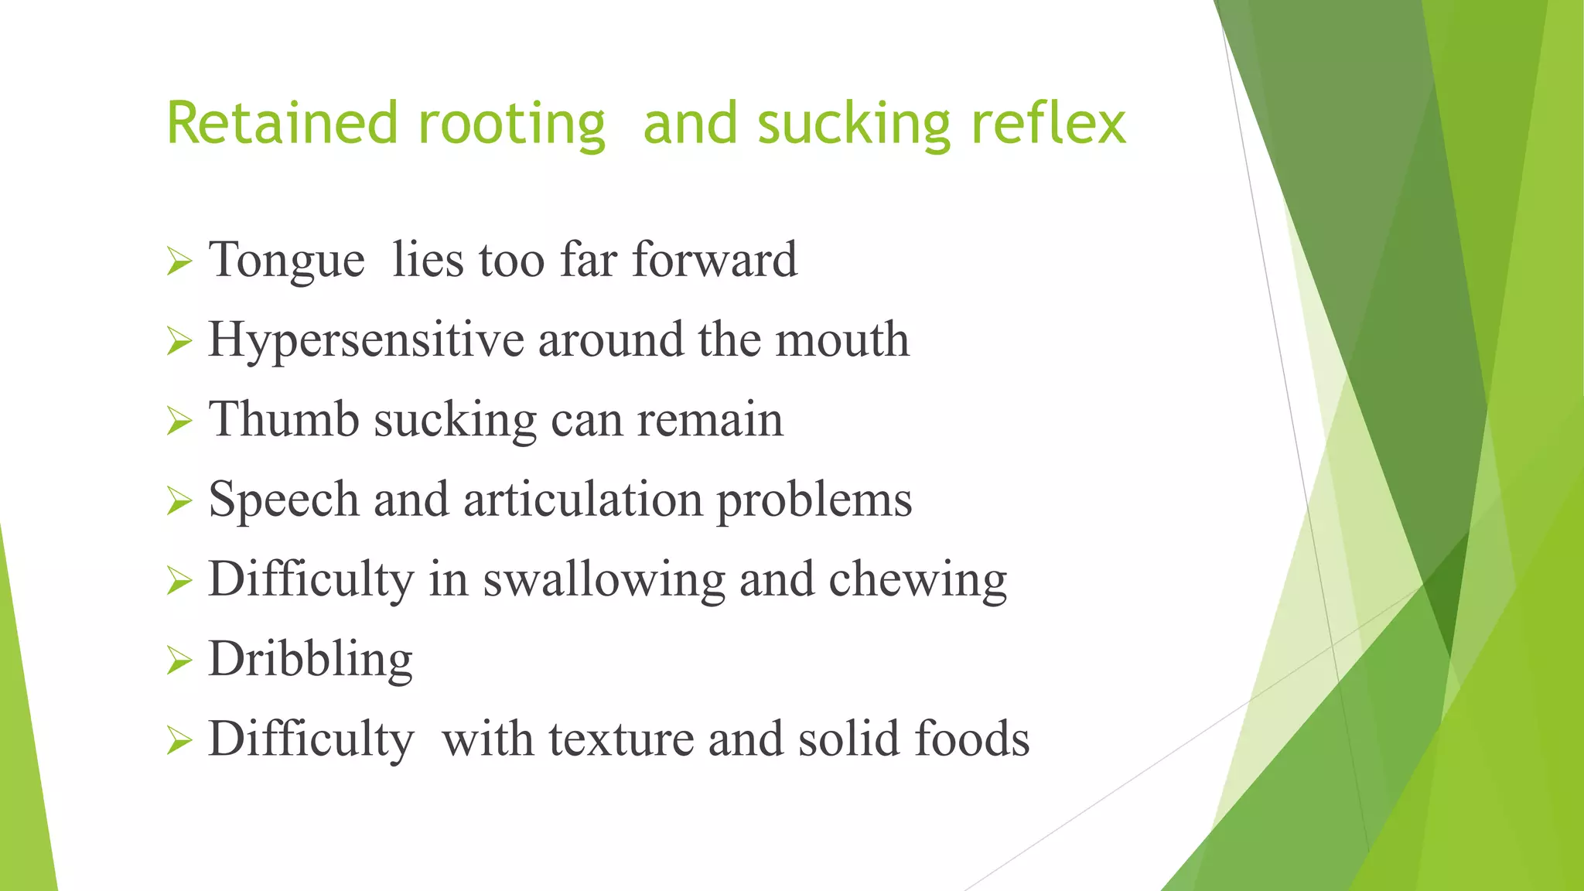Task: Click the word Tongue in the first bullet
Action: pos(286,261)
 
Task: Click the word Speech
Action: pos(284,500)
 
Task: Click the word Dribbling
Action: pos(310,661)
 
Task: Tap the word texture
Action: pos(621,739)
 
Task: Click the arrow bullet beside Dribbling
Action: pos(179,661)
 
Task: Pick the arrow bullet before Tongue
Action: pos(179,261)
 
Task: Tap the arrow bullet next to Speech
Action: pos(179,501)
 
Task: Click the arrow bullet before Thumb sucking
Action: pos(179,422)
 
